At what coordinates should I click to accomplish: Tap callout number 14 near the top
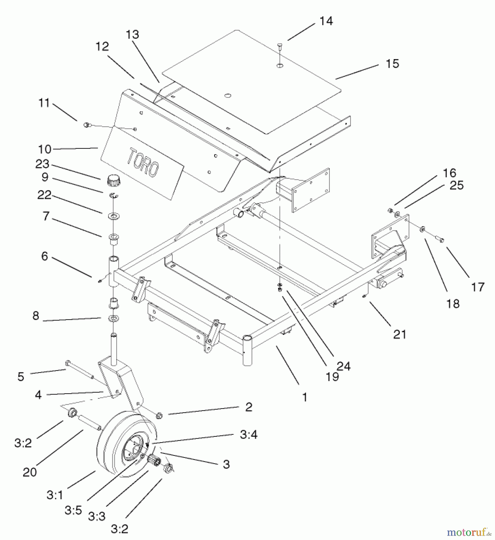click(326, 21)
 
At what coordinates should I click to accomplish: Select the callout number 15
click(393, 64)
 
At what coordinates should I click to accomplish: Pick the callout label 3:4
click(249, 435)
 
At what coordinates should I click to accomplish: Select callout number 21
click(399, 334)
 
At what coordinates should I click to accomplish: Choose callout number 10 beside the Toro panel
click(45, 149)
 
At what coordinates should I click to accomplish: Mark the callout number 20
click(30, 472)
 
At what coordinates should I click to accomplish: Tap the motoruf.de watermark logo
click(469, 532)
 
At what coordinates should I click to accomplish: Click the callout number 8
click(36, 316)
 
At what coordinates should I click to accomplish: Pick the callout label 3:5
click(73, 510)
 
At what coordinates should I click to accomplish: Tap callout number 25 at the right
click(457, 185)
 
